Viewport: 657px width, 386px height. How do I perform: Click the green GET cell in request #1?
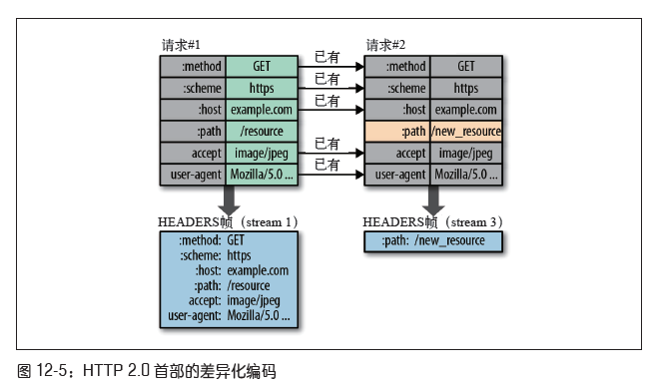click(262, 67)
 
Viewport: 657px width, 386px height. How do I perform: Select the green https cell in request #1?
click(262, 89)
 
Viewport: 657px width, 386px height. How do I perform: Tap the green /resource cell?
click(262, 132)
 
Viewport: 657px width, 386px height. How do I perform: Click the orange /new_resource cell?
click(466, 132)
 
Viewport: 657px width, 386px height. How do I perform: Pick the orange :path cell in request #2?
click(397, 132)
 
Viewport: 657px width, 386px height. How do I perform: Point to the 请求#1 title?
click(181, 45)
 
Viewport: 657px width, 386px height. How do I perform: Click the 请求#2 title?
click(385, 45)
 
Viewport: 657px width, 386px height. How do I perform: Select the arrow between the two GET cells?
click(331, 67)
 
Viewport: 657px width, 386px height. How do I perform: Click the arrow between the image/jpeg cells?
click(331, 154)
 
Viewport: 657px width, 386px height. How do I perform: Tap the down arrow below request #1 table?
click(229, 200)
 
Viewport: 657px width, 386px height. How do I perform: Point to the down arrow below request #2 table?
click(433, 200)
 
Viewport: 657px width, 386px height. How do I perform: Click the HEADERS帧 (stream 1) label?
click(228, 222)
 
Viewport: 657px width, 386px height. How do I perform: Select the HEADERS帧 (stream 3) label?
click(432, 222)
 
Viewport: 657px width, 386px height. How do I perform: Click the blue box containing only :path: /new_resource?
click(433, 241)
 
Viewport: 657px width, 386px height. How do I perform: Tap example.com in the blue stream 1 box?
click(258, 271)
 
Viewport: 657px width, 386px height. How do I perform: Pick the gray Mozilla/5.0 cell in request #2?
click(466, 175)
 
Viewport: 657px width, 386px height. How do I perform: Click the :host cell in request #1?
click(193, 110)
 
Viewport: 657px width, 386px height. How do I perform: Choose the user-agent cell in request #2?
click(397, 175)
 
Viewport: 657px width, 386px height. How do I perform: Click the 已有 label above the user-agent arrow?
click(327, 165)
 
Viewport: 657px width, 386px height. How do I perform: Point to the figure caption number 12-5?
click(51, 370)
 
